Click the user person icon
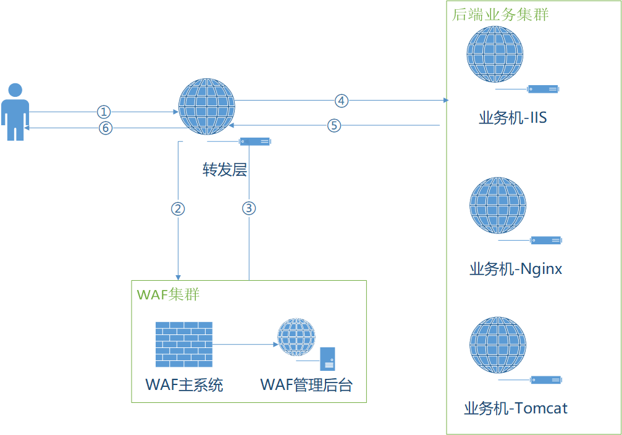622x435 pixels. click(15, 112)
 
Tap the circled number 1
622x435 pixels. click(104, 112)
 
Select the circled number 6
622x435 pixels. click(106, 128)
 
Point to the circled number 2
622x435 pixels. click(178, 208)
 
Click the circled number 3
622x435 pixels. click(248, 208)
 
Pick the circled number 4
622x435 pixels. click(342, 100)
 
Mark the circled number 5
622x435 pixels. click(334, 125)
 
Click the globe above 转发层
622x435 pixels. click(206, 107)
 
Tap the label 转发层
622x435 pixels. click(225, 170)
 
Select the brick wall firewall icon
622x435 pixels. click(183, 344)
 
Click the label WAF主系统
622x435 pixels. click(184, 385)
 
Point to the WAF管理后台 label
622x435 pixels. click(306, 385)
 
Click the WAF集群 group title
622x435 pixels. click(168, 294)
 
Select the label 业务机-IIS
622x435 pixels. click(513, 117)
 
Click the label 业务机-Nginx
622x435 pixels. click(516, 269)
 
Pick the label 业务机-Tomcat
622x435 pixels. click(516, 408)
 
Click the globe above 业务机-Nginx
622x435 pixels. click(498, 205)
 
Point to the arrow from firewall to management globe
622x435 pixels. click(245, 344)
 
